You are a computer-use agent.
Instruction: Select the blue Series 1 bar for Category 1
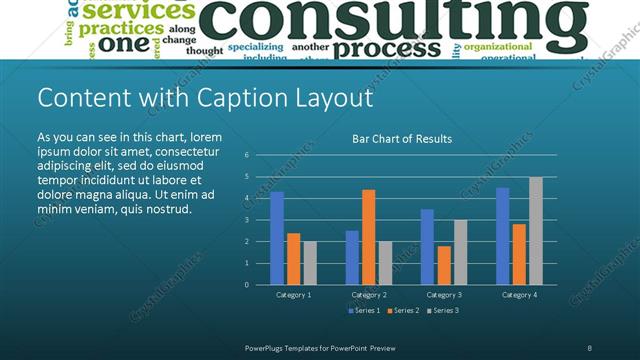click(277, 238)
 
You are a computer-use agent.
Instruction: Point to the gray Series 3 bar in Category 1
click(309, 262)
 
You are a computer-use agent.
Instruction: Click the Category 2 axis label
click(369, 295)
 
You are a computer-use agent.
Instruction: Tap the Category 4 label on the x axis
click(520, 295)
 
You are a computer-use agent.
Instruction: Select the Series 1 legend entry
click(364, 311)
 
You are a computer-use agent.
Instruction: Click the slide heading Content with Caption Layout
click(205, 98)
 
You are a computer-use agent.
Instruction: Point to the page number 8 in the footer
click(590, 347)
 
